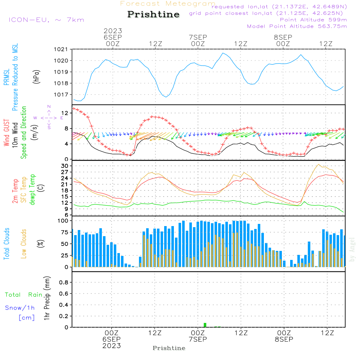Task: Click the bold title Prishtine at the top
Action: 153,14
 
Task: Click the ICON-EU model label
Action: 46,19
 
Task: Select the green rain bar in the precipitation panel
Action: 205,325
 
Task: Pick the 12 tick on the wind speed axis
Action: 66,113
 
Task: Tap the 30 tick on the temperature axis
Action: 65,166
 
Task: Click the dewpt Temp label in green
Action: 32,190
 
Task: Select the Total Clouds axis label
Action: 7,244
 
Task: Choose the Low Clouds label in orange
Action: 24,243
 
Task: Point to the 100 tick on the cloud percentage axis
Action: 63,221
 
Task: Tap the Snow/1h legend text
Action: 20,308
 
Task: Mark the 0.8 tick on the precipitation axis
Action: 64,283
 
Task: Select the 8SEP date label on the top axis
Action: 283,37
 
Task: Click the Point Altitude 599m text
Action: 313,19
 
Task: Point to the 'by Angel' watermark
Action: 352,249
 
